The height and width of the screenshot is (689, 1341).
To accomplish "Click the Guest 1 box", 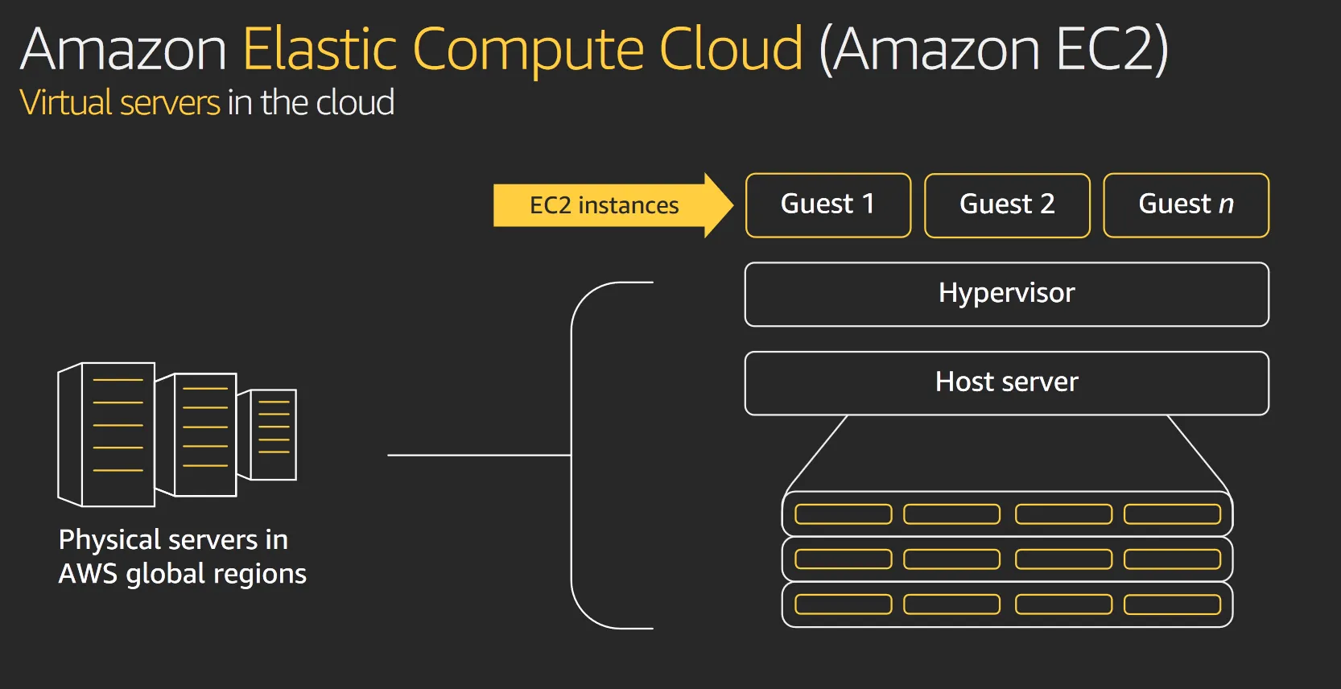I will point(828,205).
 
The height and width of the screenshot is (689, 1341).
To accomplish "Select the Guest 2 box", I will point(1007,205).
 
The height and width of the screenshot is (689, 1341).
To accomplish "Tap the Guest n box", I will point(1186,205).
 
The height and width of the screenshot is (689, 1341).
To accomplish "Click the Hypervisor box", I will point(1006,294).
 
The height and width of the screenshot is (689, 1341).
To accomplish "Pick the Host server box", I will point(1006,383).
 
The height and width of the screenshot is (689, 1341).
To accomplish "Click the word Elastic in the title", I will point(320,50).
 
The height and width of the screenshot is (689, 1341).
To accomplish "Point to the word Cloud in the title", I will point(730,50).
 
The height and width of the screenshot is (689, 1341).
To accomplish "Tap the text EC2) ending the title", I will point(1112,50).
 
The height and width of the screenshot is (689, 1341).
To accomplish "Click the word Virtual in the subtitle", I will point(65,103).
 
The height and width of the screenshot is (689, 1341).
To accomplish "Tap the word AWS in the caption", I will point(87,574).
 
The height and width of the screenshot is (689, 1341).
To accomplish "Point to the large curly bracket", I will point(573,455).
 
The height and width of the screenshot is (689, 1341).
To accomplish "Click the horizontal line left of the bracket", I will point(478,455).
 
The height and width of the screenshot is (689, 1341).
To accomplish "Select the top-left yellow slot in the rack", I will point(843,514).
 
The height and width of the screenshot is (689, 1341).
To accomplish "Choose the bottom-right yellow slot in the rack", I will point(1172,604).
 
